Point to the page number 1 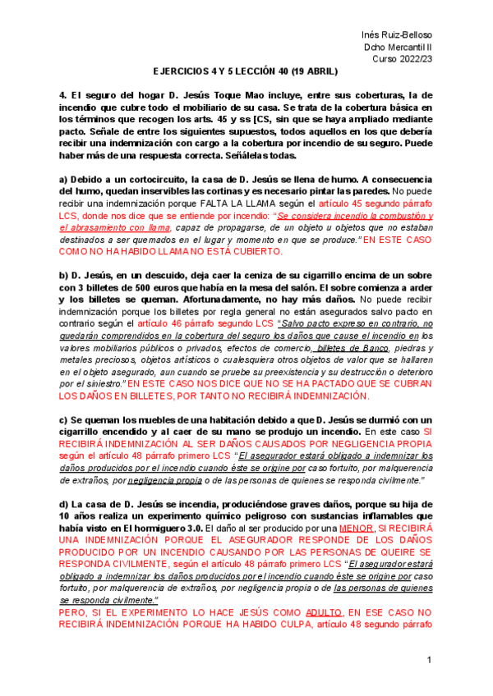click(x=429, y=662)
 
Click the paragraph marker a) click(x=64, y=179)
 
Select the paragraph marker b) click(x=64, y=276)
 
